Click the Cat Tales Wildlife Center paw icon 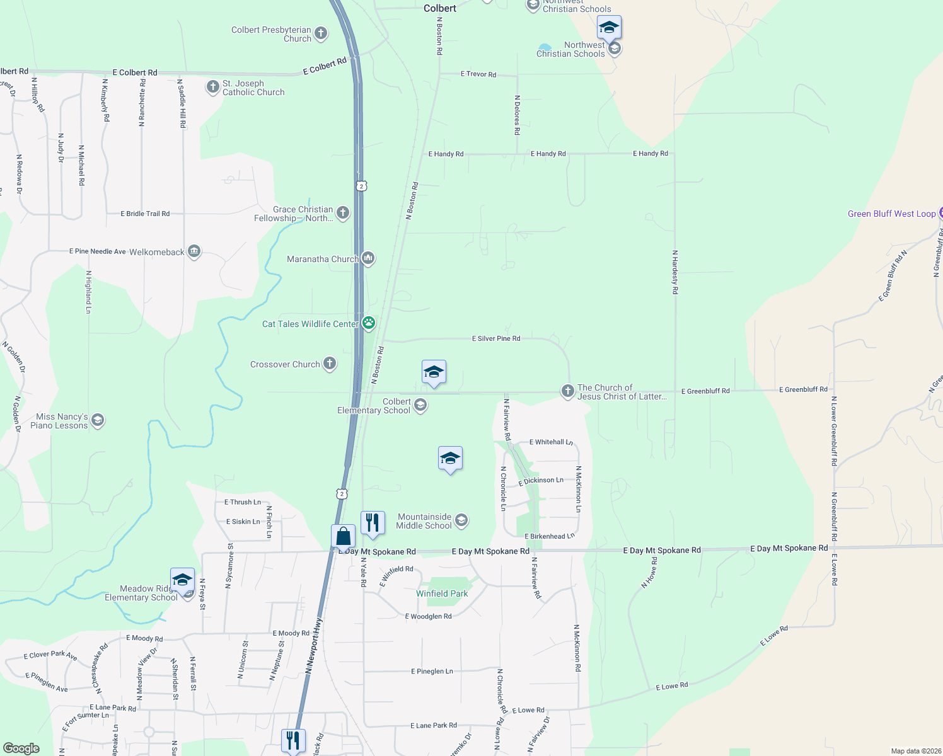(369, 324)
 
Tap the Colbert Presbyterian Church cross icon (321, 33)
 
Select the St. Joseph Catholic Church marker (212, 87)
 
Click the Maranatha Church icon (368, 258)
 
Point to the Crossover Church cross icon (330, 364)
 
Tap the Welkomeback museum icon (194, 252)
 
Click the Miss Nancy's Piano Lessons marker (97, 420)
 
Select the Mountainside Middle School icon (461, 520)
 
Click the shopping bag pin (344, 536)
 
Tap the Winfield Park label (442, 593)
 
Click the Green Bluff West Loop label (891, 214)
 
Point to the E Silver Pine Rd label (496, 338)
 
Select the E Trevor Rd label (478, 74)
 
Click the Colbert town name (440, 8)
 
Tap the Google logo (21, 748)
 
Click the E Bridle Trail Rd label (145, 214)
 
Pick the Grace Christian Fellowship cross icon (343, 213)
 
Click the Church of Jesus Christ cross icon (568, 392)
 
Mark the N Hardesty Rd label (675, 272)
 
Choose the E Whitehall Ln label (551, 442)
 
